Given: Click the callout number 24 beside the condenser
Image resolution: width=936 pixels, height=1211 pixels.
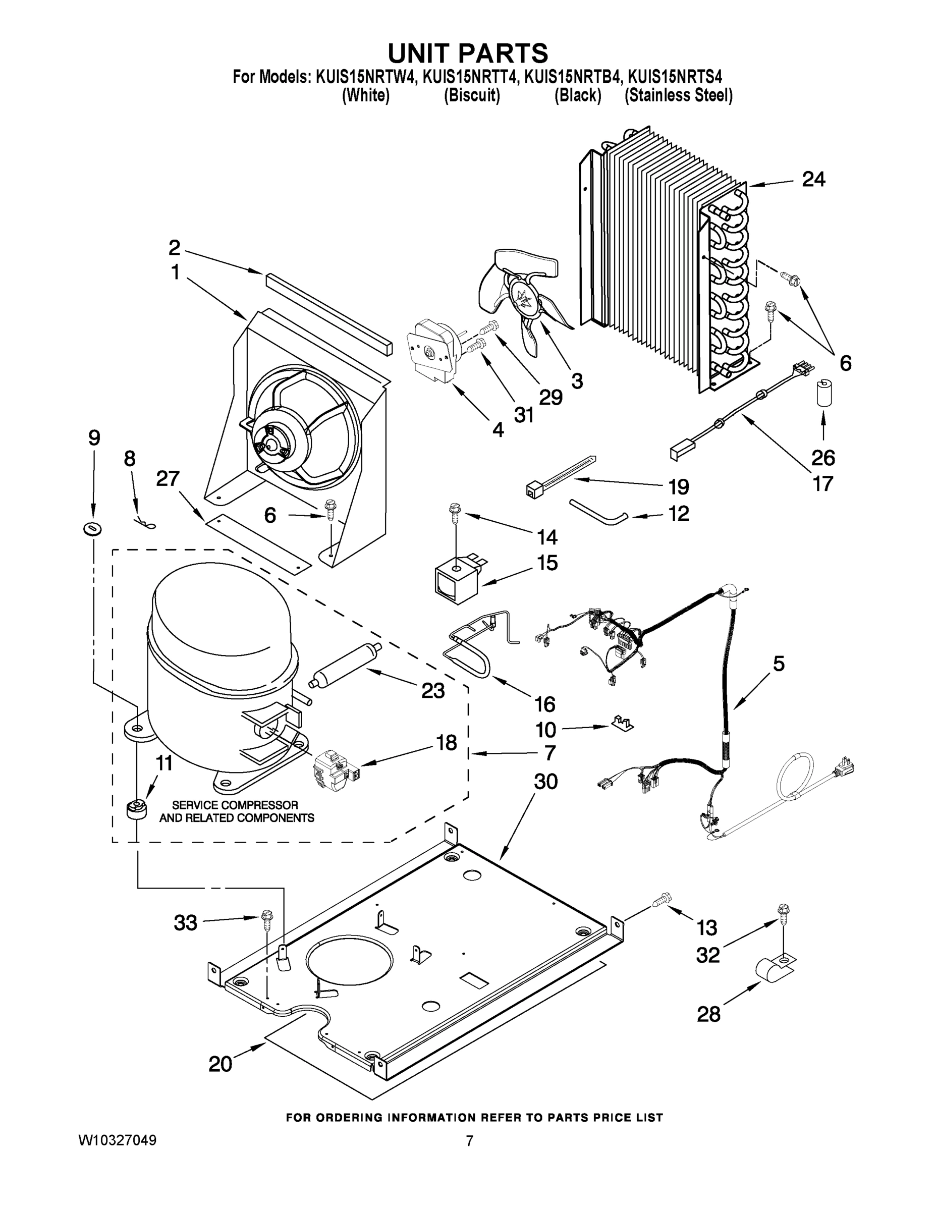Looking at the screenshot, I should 813,179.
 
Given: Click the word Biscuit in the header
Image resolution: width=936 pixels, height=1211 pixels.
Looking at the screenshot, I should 472,96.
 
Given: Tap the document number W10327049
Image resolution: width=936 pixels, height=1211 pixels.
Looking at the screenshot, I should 117,1140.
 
